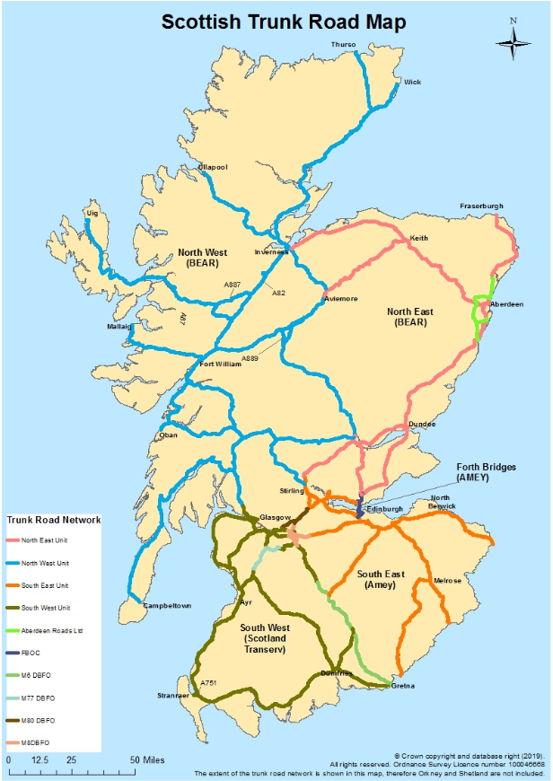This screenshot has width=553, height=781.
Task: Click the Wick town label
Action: (412, 82)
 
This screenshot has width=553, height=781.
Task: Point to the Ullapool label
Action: (213, 167)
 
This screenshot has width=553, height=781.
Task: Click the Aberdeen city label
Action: (506, 304)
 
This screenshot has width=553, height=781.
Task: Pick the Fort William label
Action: (219, 364)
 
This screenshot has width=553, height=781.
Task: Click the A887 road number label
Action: (232, 284)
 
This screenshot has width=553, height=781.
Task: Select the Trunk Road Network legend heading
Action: (53, 520)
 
